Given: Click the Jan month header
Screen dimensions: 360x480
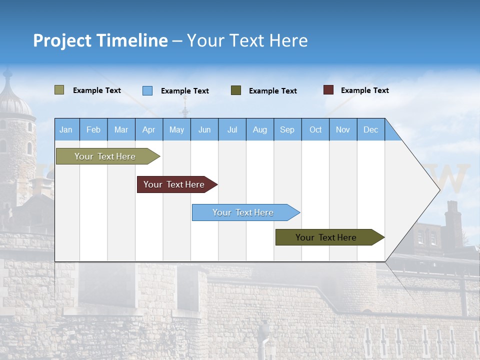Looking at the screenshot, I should pyautogui.click(x=66, y=129).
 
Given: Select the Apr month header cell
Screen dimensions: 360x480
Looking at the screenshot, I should pyautogui.click(x=149, y=129).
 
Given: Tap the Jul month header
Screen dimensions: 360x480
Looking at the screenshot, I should pyautogui.click(x=232, y=129).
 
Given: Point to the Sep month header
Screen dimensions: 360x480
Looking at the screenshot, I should pyautogui.click(x=287, y=129).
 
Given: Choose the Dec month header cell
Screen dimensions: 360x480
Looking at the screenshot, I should pyautogui.click(x=370, y=129).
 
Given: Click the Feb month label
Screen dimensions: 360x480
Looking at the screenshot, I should pyautogui.click(x=93, y=129).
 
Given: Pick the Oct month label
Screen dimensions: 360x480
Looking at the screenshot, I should pyautogui.click(x=315, y=129).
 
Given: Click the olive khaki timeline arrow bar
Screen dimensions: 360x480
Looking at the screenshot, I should pyautogui.click(x=105, y=156).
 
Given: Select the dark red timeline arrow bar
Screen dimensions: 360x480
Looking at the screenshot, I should pyautogui.click(x=174, y=184).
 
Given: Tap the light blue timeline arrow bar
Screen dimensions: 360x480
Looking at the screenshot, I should pyautogui.click(x=243, y=212).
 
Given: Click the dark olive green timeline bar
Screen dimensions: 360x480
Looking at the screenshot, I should pyautogui.click(x=326, y=237).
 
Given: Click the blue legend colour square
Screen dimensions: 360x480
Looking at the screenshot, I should pyautogui.click(x=147, y=90).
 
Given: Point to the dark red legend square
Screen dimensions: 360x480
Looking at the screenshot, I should pyautogui.click(x=328, y=90).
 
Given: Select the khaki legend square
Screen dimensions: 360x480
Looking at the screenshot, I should pyautogui.click(x=59, y=90).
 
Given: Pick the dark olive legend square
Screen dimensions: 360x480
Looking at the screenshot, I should pyautogui.click(x=236, y=90).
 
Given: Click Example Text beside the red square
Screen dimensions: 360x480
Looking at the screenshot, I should pyautogui.click(x=364, y=90).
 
